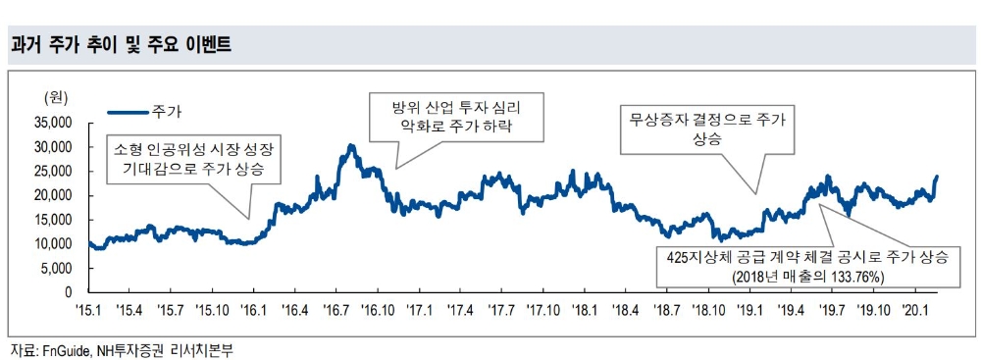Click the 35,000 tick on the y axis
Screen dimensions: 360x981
click(53, 123)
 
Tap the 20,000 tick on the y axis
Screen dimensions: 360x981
click(53, 195)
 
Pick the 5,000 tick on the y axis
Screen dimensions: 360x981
click(57, 268)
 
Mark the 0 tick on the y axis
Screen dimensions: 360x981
click(69, 292)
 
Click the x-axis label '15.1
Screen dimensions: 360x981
click(89, 310)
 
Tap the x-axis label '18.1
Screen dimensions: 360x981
click(586, 310)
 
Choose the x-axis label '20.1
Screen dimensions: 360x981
click(916, 310)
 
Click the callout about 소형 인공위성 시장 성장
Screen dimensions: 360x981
click(193, 160)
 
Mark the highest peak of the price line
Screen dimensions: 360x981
click(351, 145)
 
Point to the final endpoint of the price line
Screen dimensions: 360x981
click(937, 177)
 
